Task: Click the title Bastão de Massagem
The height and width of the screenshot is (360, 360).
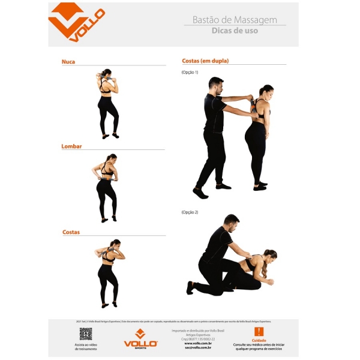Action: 235,20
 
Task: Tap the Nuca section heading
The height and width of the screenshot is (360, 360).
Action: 68,62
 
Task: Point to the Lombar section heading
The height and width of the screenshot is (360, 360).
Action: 71,146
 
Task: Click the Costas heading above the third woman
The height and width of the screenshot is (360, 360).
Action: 71,232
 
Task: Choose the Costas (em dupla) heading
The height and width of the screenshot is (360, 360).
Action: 205,61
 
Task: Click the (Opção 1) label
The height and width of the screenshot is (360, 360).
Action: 190,73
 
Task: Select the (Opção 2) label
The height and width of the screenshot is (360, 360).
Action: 190,212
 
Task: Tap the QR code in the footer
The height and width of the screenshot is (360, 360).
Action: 86,334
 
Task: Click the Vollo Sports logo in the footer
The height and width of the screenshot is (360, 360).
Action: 140,338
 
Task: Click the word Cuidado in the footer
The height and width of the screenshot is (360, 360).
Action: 259,340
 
